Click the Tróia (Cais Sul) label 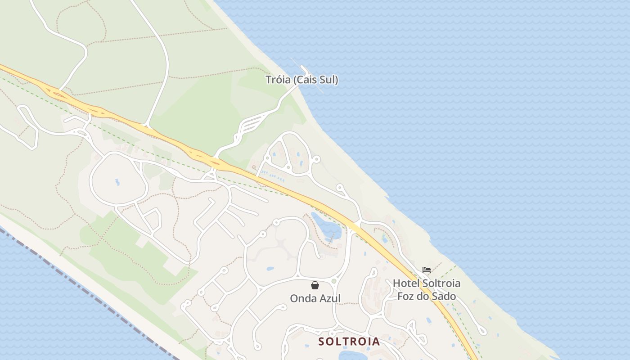point(301,80)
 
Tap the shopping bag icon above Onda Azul point(315,285)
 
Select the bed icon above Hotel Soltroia point(427,270)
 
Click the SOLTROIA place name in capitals point(349,342)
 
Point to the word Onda point(304,298)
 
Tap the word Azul point(330,298)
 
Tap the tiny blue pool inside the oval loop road point(117,182)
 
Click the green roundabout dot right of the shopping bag point(334,281)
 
